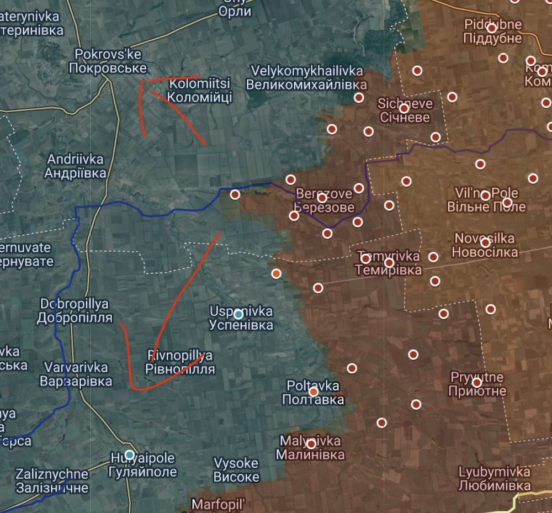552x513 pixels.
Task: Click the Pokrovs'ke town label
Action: click(108, 61)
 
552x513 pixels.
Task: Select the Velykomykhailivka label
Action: click(306, 78)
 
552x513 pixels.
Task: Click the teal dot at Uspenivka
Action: click(238, 314)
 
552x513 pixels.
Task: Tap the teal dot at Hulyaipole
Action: click(129, 454)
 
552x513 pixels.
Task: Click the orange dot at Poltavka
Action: click(314, 392)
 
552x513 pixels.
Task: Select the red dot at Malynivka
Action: click(311, 443)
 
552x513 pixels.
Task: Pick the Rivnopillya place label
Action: click(180, 362)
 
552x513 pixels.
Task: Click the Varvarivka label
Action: click(76, 374)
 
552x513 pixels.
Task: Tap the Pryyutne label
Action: click(477, 384)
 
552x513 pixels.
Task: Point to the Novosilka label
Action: click(485, 245)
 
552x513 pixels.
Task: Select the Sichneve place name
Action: click(405, 110)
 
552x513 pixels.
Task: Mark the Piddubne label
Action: click(492, 31)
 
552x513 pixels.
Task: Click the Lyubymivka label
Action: click(494, 479)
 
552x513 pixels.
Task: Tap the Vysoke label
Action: click(236, 469)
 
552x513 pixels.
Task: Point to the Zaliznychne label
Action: click(52, 480)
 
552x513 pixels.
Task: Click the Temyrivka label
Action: click(388, 263)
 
